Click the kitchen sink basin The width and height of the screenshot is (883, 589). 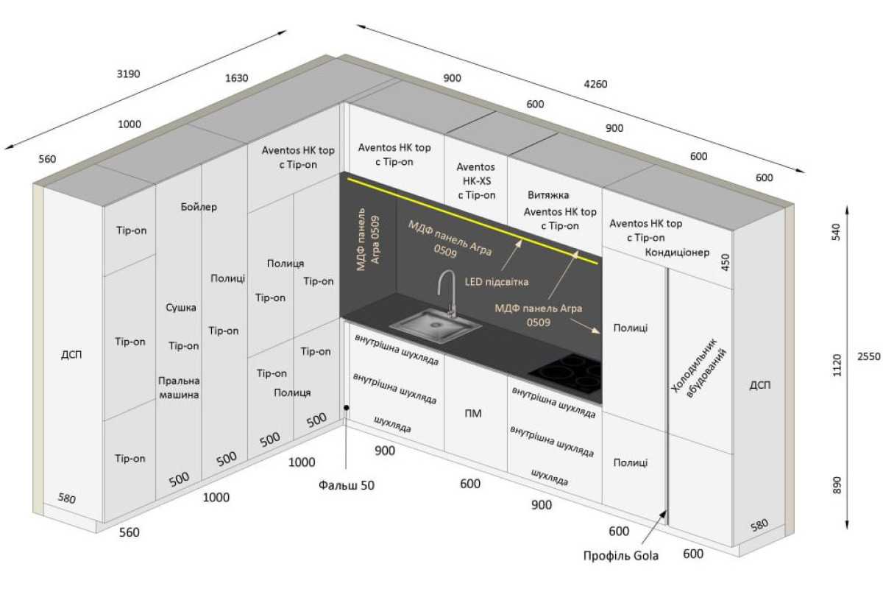[435, 326]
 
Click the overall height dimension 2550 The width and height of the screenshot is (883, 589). [868, 356]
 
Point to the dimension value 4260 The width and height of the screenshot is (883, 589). [595, 84]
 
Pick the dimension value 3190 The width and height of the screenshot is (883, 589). [128, 74]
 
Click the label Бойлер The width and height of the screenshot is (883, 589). [199, 207]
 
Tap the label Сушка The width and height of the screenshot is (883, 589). [181, 307]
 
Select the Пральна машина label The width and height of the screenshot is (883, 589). [179, 388]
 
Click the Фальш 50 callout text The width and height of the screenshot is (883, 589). [347, 485]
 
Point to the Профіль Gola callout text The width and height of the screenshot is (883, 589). [621, 556]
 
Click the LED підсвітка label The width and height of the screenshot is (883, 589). [497, 282]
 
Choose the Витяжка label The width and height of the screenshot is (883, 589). [548, 195]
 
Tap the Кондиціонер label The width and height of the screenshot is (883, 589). [677, 252]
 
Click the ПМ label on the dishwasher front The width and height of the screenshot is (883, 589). [473, 413]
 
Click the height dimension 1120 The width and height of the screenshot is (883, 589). [837, 365]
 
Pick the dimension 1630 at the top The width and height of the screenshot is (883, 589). [236, 78]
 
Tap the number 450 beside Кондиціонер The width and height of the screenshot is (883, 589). [726, 262]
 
